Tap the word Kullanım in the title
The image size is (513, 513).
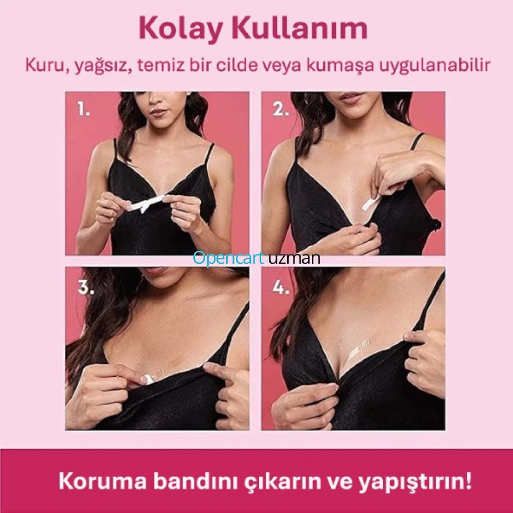(300, 28)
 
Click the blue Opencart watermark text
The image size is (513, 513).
(228, 258)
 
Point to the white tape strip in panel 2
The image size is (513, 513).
(371, 202)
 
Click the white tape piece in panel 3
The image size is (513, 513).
(147, 380)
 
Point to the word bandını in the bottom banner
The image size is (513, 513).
(195, 481)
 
